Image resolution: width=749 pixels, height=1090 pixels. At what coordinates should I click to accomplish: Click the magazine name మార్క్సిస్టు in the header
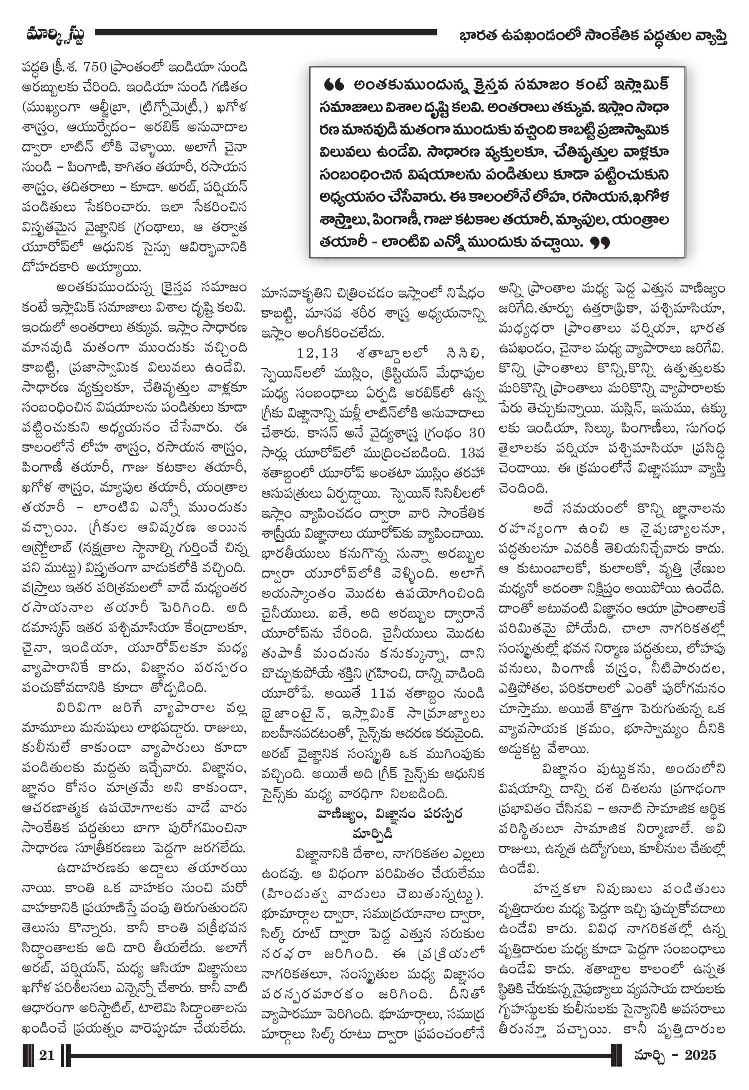click(55, 36)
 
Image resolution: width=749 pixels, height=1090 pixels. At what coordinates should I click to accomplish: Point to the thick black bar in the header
click(266, 32)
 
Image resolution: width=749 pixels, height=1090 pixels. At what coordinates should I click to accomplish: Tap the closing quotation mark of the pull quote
click(600, 243)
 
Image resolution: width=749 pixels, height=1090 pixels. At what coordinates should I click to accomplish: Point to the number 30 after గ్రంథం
click(477, 433)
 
